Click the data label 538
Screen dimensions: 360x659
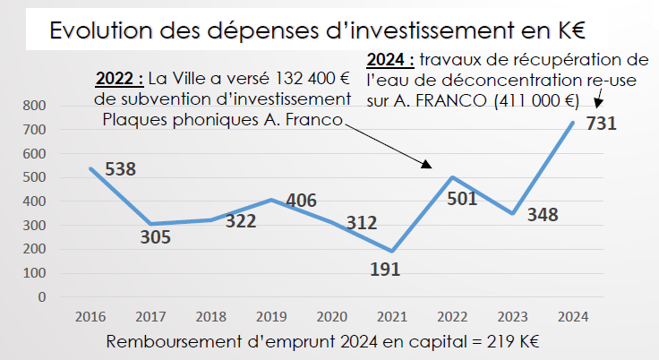coord(120,168)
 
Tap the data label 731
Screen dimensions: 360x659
coord(601,124)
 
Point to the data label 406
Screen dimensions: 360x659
coord(301,201)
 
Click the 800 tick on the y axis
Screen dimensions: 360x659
coord(34,106)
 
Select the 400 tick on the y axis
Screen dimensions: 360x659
coord(34,201)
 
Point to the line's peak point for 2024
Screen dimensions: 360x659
coord(573,123)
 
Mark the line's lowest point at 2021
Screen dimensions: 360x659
coord(392,252)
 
